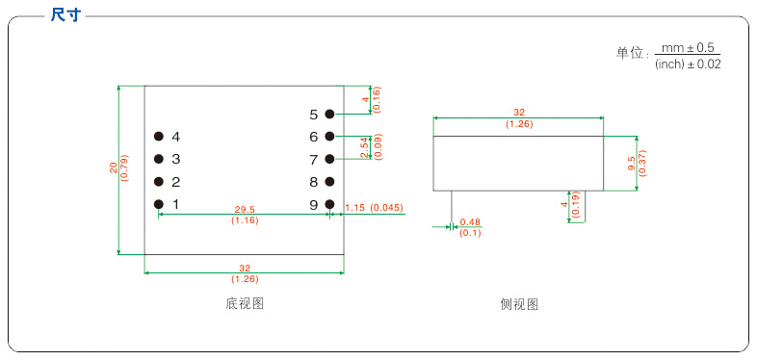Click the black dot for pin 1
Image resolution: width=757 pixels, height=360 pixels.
tap(158, 204)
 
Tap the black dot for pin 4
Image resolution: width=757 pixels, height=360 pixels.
tap(158, 137)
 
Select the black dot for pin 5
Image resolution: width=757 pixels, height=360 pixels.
tap(329, 114)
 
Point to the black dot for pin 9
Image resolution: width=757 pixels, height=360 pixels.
tap(329, 204)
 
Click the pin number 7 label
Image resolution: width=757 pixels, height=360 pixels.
tap(314, 159)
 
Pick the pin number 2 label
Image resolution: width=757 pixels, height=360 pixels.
tap(176, 182)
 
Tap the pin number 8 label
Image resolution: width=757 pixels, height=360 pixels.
tap(314, 182)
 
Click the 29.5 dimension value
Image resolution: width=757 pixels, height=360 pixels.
tap(245, 209)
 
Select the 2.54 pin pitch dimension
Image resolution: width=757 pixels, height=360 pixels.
tap(364, 147)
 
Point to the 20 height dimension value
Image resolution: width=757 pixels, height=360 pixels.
tap(113, 168)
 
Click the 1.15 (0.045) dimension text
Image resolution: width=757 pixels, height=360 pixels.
tap(373, 208)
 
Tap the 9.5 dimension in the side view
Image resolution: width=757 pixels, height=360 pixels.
tap(631, 163)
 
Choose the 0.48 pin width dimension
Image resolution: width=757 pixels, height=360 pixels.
tap(470, 221)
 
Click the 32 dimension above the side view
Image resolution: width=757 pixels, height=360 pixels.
tap(519, 112)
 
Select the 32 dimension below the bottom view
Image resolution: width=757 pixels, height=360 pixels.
tap(244, 268)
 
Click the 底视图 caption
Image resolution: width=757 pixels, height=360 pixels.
tap(245, 303)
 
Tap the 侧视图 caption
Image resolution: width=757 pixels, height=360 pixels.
tap(519, 303)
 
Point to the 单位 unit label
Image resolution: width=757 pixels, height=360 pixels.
tap(631, 54)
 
